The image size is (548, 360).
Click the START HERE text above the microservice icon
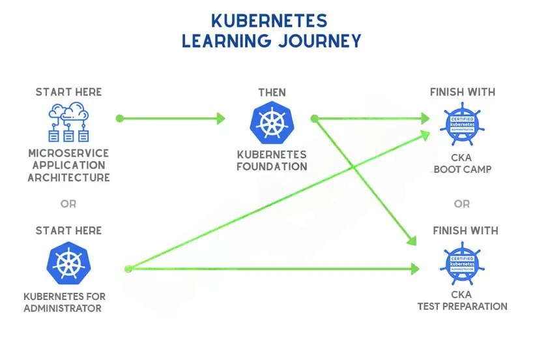[x=68, y=92]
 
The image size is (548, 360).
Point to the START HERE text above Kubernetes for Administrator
[x=68, y=230]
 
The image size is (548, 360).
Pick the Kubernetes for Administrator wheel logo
[x=68, y=263]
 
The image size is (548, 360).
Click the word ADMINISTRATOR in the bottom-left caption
[x=63, y=308]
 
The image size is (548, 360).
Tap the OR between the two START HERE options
[x=68, y=203]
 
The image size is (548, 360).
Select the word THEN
[x=272, y=92]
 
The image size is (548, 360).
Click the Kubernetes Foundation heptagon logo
[x=272, y=124]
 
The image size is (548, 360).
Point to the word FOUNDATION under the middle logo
[x=272, y=166]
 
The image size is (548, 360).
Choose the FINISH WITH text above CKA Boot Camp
[x=462, y=92]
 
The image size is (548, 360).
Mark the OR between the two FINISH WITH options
[x=462, y=203]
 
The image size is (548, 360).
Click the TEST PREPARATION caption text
[x=462, y=306]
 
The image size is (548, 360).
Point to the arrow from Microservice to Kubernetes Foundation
[x=172, y=119]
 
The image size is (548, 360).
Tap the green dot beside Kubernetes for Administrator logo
[x=128, y=268]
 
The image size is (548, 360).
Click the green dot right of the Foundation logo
[x=314, y=119]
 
